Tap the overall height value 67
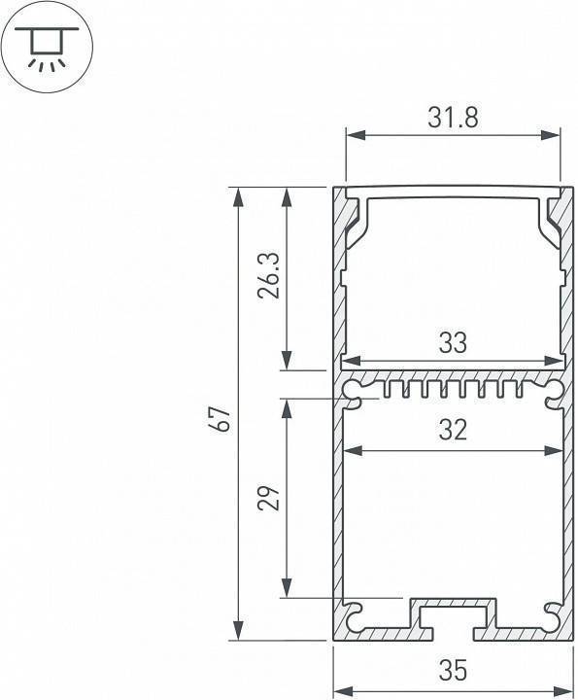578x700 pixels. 222,420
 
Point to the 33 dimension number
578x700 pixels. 453,342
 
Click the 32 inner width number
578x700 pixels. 453,430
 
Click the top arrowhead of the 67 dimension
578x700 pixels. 237,194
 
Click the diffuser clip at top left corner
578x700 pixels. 355,220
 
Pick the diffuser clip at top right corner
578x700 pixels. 551,220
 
